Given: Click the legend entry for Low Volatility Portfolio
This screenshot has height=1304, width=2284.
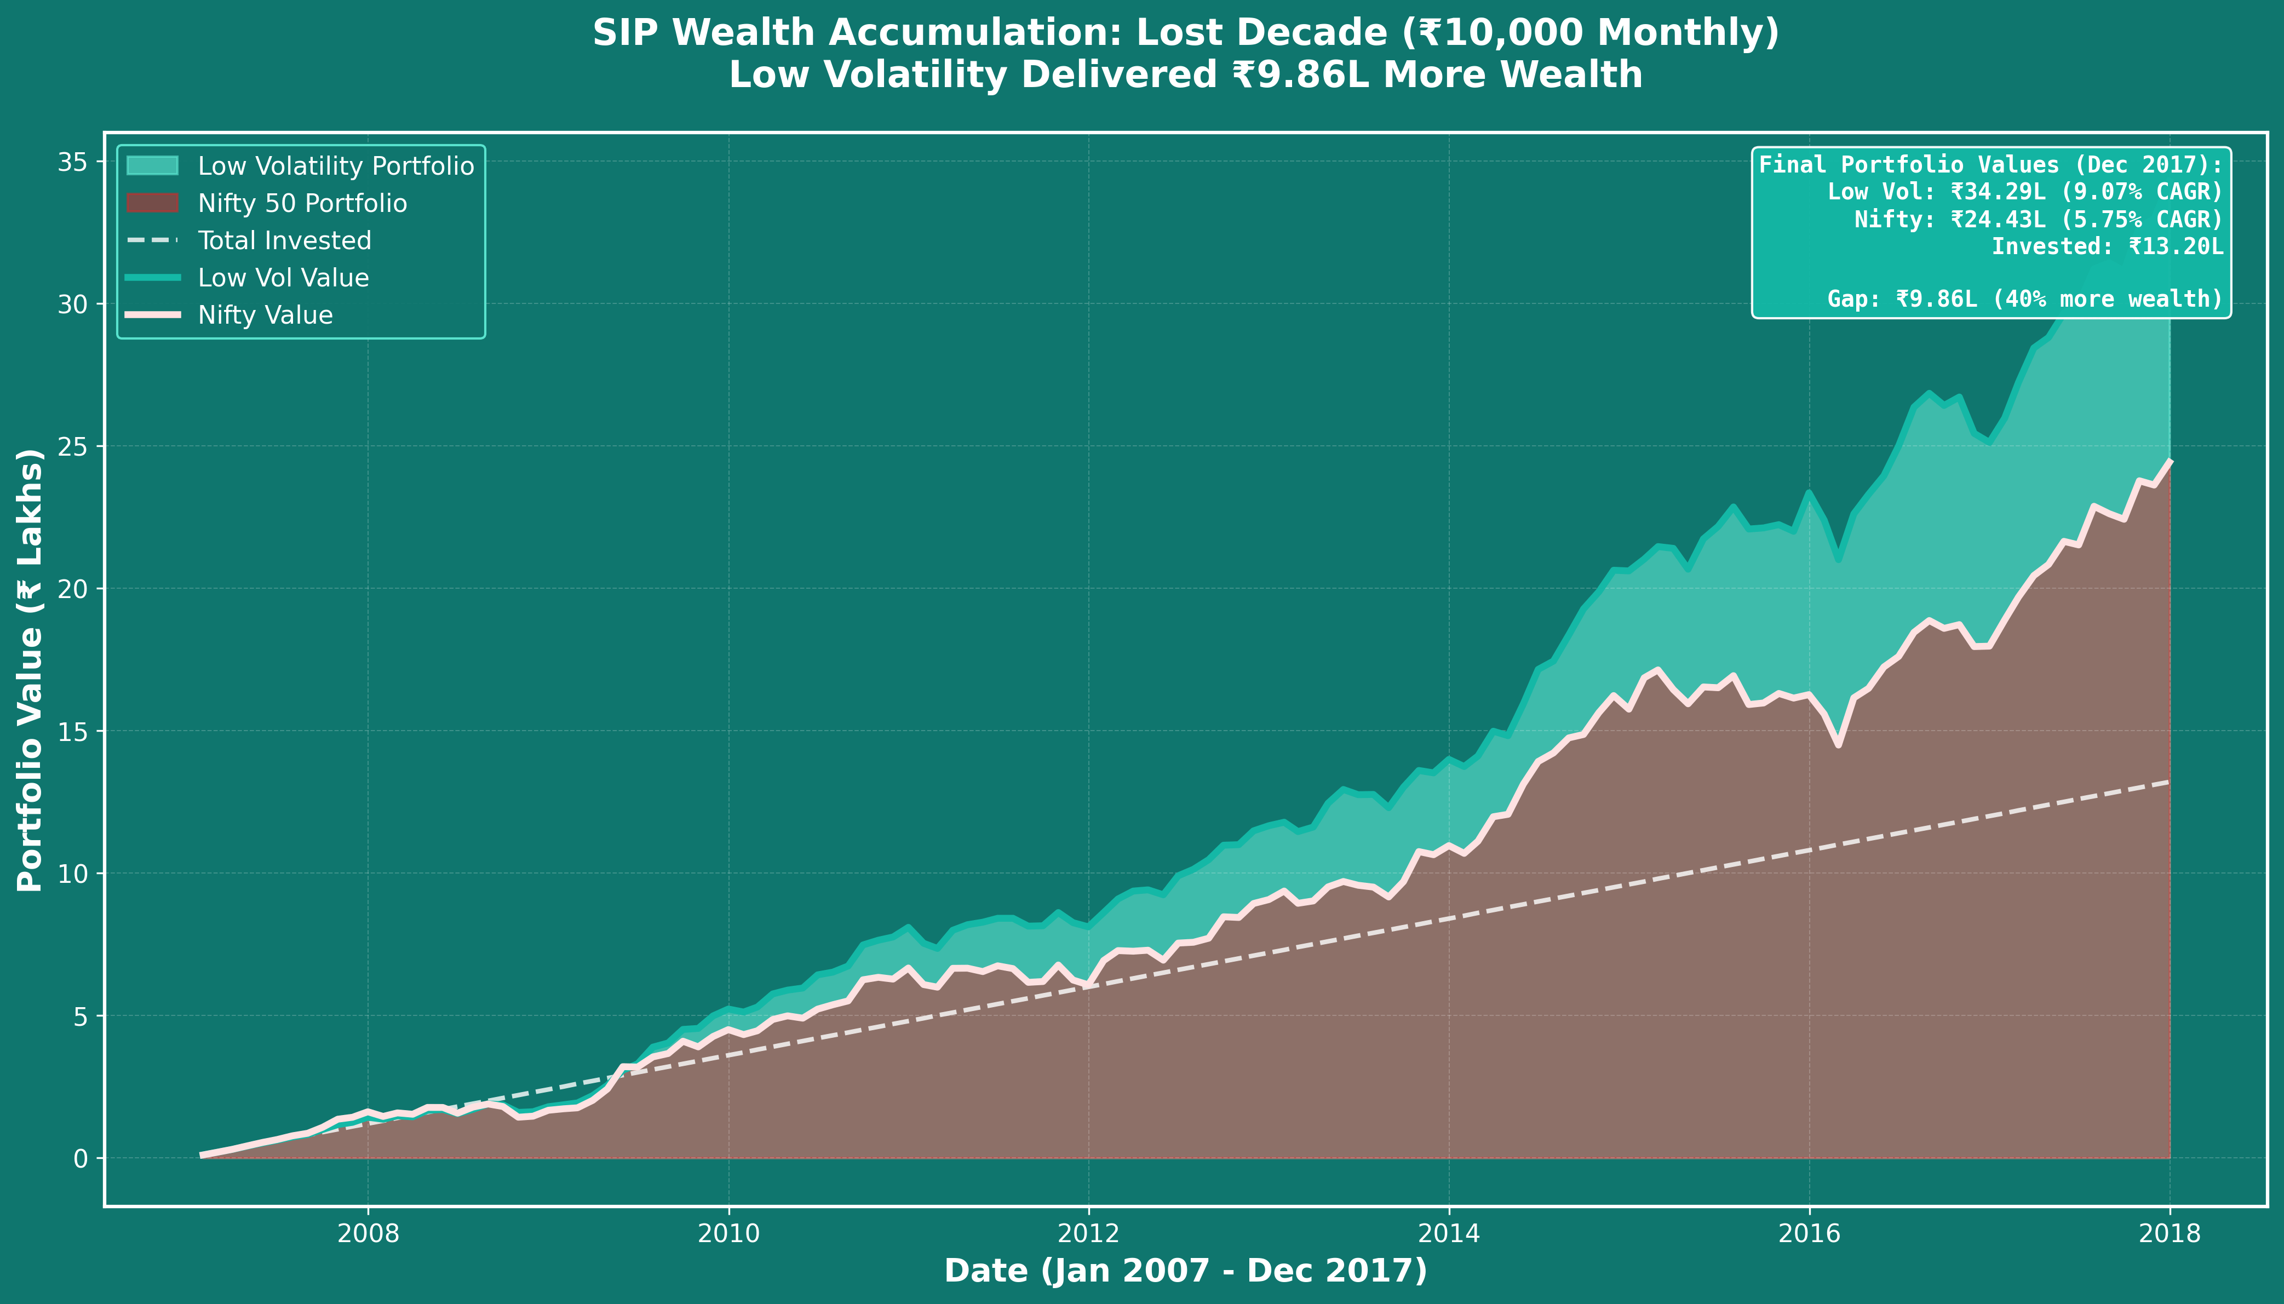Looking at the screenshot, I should click(x=336, y=166).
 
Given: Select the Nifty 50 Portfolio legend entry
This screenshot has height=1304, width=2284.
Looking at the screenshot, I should click(x=302, y=204).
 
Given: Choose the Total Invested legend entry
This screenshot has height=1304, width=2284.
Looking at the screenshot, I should click(x=284, y=241).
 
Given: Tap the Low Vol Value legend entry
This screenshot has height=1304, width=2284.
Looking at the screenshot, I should click(x=283, y=279).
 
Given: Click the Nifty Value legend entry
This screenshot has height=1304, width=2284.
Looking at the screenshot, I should click(x=265, y=316).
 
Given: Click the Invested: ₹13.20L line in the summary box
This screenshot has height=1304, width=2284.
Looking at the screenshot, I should click(x=2107, y=247).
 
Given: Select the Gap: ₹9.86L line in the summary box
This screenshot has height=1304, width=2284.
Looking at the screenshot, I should click(x=2024, y=299).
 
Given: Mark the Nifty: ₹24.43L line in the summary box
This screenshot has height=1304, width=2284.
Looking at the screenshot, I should click(x=2038, y=220).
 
